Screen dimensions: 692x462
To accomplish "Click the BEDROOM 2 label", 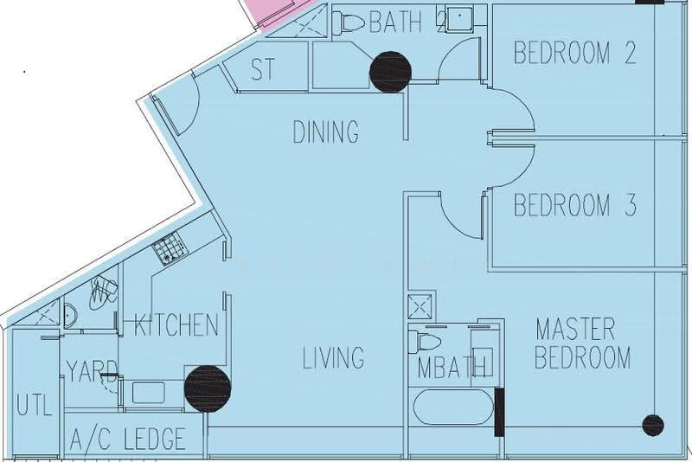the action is coord(574,53).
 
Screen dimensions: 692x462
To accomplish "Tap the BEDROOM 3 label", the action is coord(575,205).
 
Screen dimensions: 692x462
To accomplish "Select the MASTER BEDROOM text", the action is coord(581,343).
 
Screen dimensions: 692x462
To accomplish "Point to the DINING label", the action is coord(326,131).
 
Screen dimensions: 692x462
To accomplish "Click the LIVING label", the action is coord(334,357).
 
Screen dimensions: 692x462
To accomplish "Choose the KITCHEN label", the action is coord(176,325).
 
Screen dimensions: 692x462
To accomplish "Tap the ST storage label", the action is coord(263,69).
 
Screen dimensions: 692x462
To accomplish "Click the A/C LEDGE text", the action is coord(127,438).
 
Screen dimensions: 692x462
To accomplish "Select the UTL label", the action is coord(35,404).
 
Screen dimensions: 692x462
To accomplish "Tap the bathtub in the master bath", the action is coord(452,407).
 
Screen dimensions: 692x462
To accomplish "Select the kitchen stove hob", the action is coord(170,248).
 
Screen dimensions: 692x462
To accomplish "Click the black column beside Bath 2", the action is coord(390,72).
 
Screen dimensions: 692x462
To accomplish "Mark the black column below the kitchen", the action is coord(208,388).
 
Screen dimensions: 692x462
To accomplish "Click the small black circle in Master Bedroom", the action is coord(653,425).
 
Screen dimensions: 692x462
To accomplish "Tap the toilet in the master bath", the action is coord(425,342).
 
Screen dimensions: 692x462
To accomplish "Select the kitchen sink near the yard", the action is coord(148,393).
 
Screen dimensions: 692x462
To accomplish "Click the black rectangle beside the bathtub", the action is coord(499,412).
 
